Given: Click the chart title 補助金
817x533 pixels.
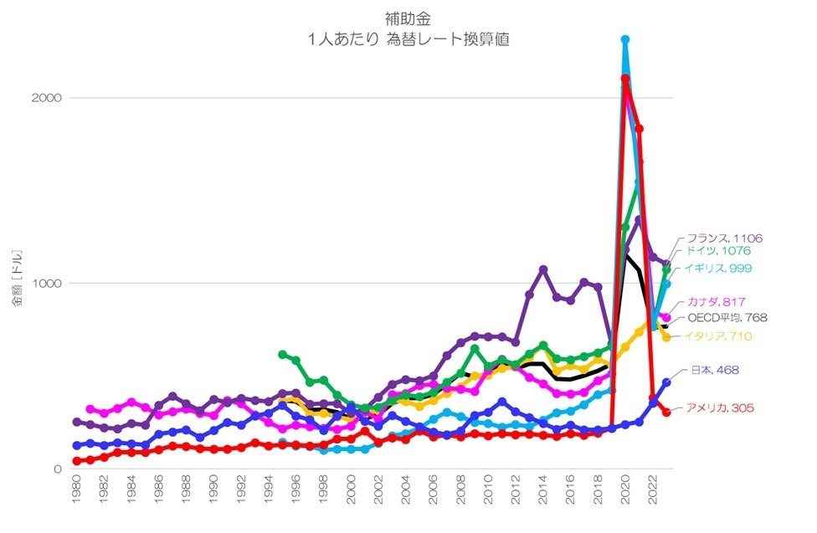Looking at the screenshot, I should coord(408,18).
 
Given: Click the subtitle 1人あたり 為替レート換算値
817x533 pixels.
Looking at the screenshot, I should coord(408,38).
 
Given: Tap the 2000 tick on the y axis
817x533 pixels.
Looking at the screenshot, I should coord(47,98).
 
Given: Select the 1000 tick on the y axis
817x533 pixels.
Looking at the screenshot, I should coord(47,283).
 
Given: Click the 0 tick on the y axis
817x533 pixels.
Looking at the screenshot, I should coord(57,469).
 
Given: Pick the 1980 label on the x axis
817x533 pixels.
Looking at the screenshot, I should coord(76,494).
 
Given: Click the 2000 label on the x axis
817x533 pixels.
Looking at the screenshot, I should coord(351,494).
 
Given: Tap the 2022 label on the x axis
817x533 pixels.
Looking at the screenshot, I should coord(653,494).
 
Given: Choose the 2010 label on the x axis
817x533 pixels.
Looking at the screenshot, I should coord(488,494).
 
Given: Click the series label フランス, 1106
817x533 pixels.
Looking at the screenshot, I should coord(724,238).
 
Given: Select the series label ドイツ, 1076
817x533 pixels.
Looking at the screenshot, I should coord(717,250).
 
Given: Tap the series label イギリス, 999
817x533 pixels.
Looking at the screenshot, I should coord(717,267).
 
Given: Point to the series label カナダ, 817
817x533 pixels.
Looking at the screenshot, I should coord(717,301).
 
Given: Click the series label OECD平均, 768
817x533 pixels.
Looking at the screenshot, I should coord(727,318).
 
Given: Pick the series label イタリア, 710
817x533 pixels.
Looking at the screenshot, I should coord(717,336).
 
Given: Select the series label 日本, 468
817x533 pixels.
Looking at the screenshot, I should coord(716,370).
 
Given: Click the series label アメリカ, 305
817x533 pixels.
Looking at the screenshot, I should coord(720,407).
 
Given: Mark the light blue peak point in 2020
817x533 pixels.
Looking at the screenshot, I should coord(625,39).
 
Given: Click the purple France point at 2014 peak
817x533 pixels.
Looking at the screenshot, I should coord(543,269).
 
